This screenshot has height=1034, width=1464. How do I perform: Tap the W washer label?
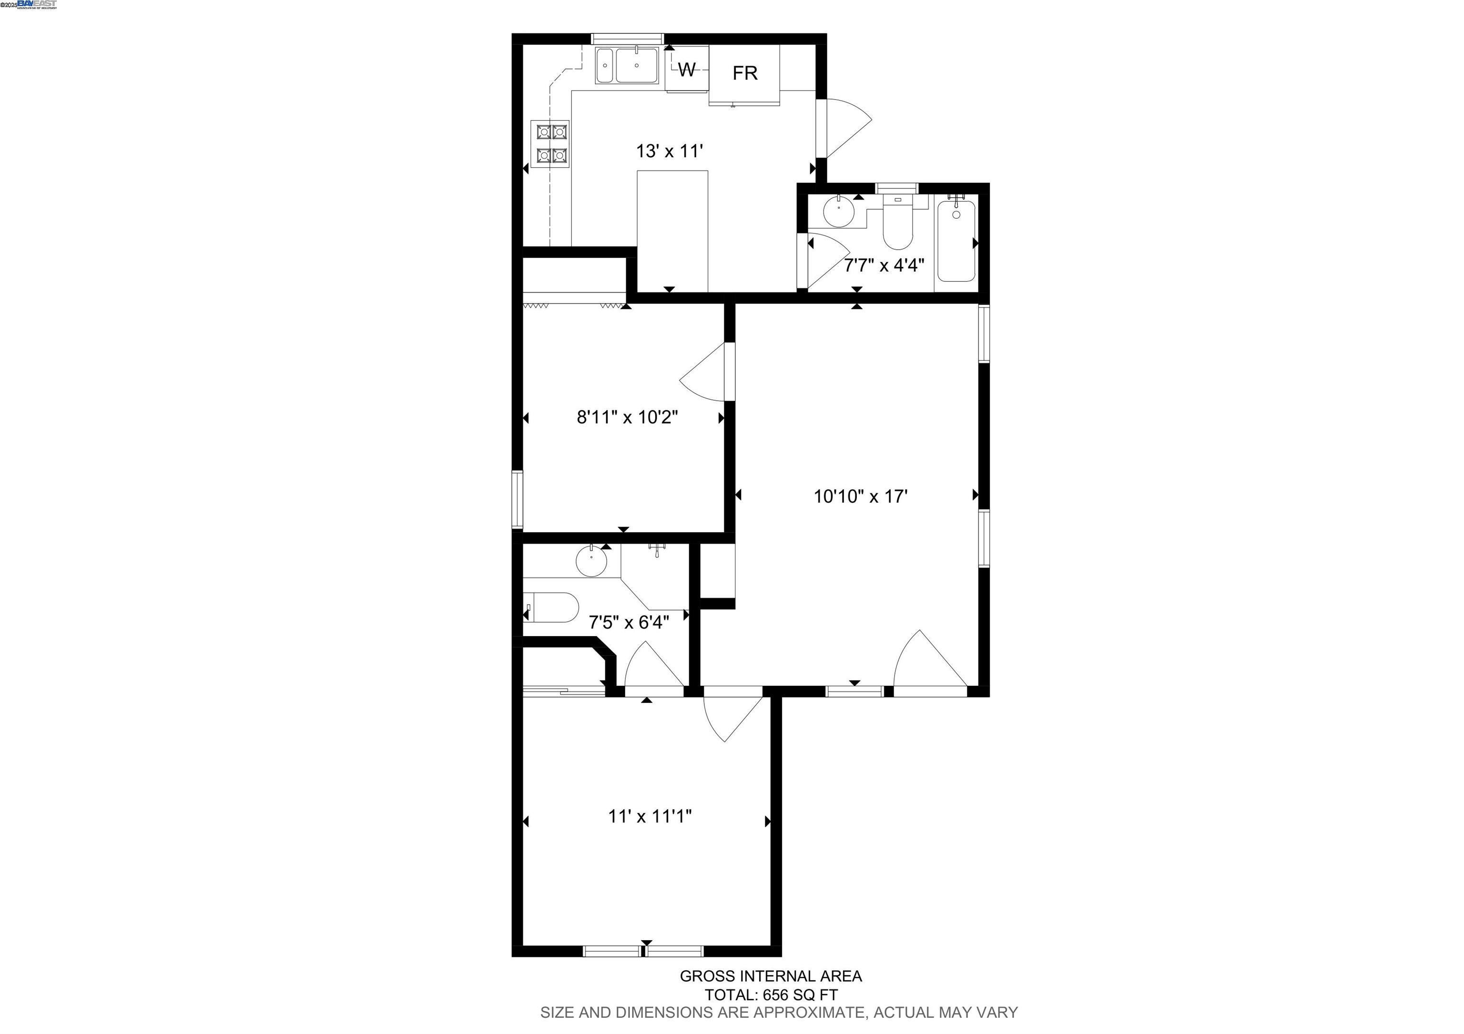click(x=686, y=70)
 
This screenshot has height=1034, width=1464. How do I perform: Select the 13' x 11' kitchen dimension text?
click(x=669, y=151)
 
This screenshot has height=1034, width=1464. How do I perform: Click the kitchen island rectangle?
click(x=672, y=230)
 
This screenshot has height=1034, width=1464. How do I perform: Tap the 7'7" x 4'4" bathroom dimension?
click(x=884, y=265)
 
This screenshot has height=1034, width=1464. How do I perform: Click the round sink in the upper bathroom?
click(x=840, y=212)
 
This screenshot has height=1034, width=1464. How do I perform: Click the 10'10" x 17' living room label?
click(x=860, y=497)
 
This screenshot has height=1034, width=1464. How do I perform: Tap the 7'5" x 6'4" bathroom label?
click(x=628, y=622)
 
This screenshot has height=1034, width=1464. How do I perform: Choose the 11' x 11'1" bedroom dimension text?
click(x=649, y=816)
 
